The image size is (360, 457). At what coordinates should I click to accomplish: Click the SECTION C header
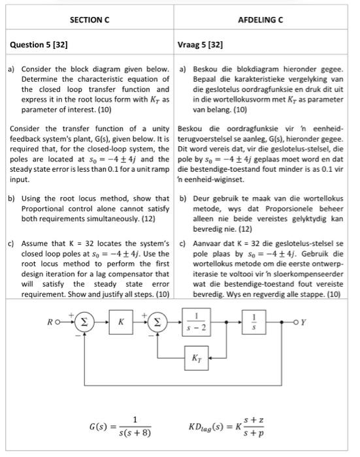click(90, 20)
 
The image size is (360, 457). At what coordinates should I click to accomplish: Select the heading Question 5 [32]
click(39, 45)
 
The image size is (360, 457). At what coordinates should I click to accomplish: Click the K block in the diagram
click(121, 322)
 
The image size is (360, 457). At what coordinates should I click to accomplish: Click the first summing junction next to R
click(84, 322)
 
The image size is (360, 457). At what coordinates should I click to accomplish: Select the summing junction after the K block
click(157, 322)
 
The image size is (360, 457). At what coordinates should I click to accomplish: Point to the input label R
click(50, 322)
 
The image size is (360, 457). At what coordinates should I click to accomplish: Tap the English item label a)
click(11, 69)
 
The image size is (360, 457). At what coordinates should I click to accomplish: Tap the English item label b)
click(11, 198)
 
